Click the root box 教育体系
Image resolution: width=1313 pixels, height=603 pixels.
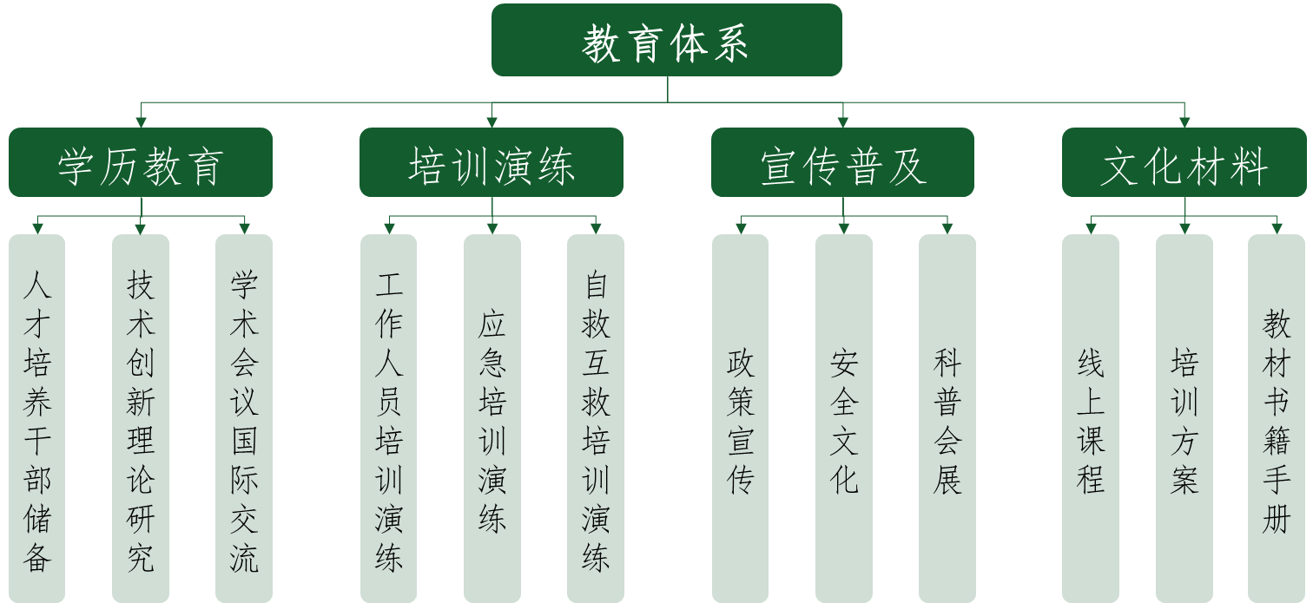tap(666, 41)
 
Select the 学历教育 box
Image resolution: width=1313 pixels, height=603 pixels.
tap(141, 163)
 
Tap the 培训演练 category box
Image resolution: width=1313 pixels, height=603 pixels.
tap(492, 163)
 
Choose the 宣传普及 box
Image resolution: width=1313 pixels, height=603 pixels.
tap(842, 163)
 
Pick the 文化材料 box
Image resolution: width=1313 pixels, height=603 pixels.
tap(1184, 163)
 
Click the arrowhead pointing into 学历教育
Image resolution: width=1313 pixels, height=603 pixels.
tap(141, 122)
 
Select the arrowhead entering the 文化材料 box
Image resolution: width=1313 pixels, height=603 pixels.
tap(1184, 122)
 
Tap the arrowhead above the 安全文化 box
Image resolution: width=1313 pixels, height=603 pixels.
tap(843, 228)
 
